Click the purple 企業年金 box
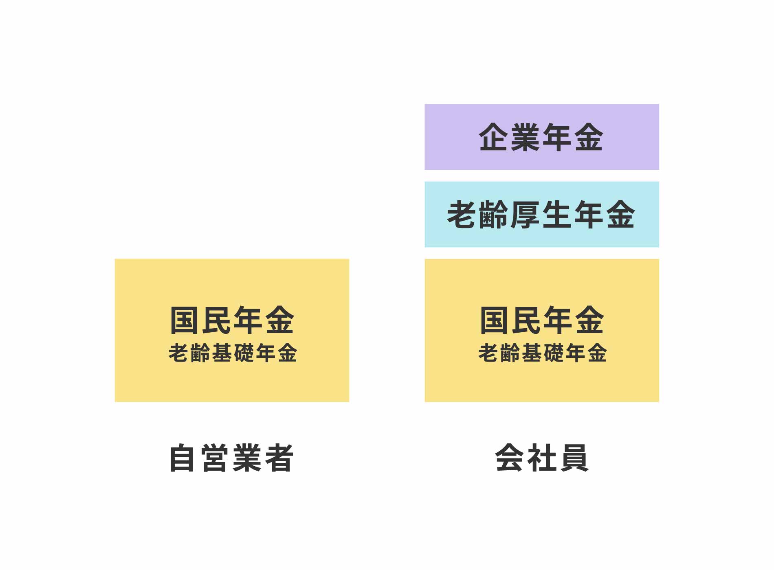542,137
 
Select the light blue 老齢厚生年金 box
542,214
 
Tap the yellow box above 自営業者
232,330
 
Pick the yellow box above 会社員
542,330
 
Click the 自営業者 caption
231,458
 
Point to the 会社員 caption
542,458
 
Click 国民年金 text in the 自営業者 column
232,320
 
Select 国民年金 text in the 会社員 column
542,320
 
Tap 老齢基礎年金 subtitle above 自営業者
233,353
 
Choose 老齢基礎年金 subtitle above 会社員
543,353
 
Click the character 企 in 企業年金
494,137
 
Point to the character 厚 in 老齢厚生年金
526,215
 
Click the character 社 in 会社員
542,458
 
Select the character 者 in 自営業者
279,458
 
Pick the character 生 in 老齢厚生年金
557,215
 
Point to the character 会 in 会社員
510,458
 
